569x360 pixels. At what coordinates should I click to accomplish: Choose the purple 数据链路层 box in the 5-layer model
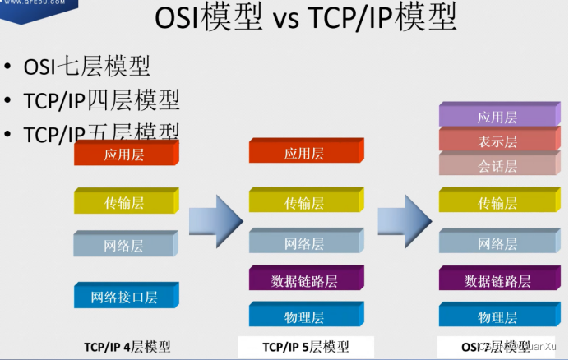[305, 279]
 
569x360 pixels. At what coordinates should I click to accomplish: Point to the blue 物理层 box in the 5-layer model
[305, 316]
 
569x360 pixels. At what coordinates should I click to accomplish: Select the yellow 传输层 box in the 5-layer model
[305, 202]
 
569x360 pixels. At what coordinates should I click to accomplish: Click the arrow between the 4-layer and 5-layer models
[215, 220]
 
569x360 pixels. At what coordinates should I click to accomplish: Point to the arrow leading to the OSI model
[404, 220]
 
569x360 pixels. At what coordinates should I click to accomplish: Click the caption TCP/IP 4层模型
[127, 346]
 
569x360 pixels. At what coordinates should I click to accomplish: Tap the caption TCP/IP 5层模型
[306, 346]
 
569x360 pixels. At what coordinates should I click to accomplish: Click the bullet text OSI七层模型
[86, 67]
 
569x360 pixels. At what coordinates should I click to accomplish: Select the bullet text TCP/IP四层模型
[101, 100]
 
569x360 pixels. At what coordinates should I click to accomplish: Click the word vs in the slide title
[284, 20]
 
